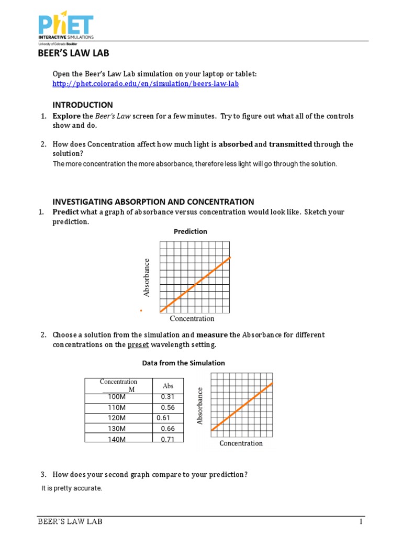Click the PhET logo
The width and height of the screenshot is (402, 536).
pyautogui.click(x=65, y=29)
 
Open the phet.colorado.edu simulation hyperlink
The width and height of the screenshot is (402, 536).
pyautogui.click(x=146, y=84)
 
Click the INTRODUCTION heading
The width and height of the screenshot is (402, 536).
pyautogui.click(x=82, y=105)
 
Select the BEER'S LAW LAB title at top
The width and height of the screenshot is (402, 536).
pyautogui.click(x=73, y=53)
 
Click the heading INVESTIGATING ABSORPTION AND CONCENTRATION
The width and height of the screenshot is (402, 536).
pyautogui.click(x=153, y=202)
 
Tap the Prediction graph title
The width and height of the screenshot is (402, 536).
pyautogui.click(x=191, y=231)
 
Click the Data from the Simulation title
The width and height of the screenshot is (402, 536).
pyautogui.click(x=184, y=363)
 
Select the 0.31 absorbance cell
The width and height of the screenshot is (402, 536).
pyautogui.click(x=167, y=398)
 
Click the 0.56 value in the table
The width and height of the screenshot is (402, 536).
pyautogui.click(x=167, y=408)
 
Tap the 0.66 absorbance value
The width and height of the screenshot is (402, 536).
pyautogui.click(x=167, y=429)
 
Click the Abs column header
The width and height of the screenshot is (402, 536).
pyautogui.click(x=168, y=386)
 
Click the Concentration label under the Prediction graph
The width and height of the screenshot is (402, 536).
pyautogui.click(x=192, y=318)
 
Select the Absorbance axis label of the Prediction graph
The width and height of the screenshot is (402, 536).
pyautogui.click(x=147, y=277)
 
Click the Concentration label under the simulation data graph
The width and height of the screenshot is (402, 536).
pyautogui.click(x=241, y=443)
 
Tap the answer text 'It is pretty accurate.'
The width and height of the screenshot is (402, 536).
pyautogui.click(x=72, y=488)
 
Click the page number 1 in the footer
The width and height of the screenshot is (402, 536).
pyautogui.click(x=361, y=522)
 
